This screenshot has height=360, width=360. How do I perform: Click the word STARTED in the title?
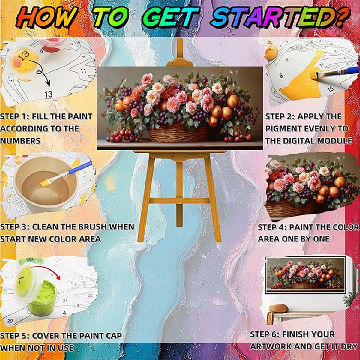(x=279, y=18)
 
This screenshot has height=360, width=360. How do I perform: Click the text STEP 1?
(x=14, y=117)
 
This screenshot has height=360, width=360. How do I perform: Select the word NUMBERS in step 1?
(x=20, y=141)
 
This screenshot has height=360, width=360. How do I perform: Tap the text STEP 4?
(x=272, y=227)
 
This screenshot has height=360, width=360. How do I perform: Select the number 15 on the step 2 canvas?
(x=330, y=89)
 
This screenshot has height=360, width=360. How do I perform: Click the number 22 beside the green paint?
(x=90, y=295)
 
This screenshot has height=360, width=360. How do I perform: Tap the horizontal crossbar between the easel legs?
(x=179, y=201)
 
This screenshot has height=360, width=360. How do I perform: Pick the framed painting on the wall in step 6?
(x=306, y=274)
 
